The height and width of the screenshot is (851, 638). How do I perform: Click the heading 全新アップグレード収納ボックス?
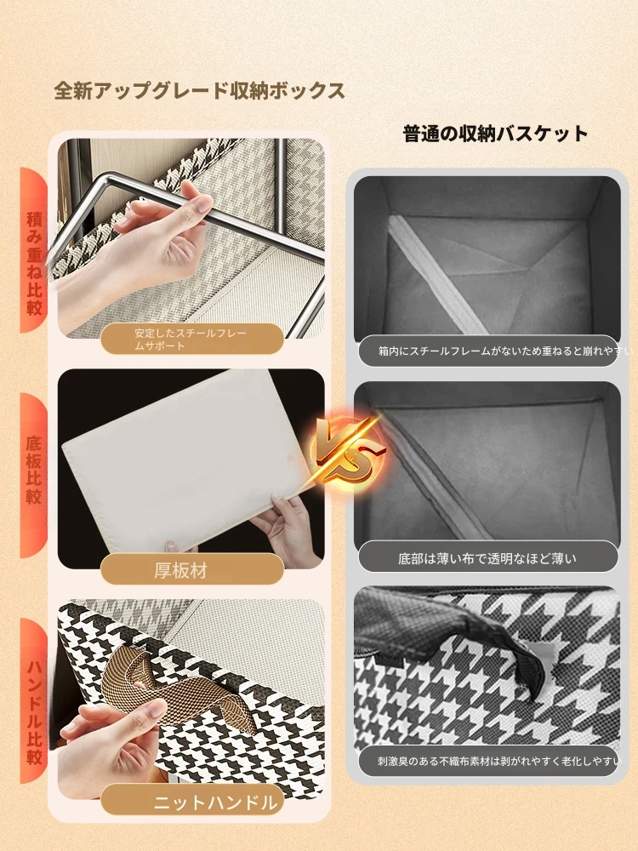199,91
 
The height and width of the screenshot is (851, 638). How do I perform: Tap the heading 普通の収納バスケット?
495,134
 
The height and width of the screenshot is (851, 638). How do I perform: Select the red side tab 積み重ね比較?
34,249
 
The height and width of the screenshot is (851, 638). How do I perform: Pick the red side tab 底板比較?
34,475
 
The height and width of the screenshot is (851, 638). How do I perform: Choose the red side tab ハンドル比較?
34,700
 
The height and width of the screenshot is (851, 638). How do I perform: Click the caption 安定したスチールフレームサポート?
191,340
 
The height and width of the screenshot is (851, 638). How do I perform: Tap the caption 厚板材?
180,570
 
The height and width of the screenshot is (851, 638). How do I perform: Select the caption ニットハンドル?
215,802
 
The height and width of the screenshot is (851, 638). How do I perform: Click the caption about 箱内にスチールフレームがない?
504,351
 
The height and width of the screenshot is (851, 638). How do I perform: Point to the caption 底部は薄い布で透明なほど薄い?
487,558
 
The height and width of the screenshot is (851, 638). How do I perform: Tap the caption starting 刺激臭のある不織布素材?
498,762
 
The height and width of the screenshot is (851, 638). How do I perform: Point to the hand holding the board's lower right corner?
288,529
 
